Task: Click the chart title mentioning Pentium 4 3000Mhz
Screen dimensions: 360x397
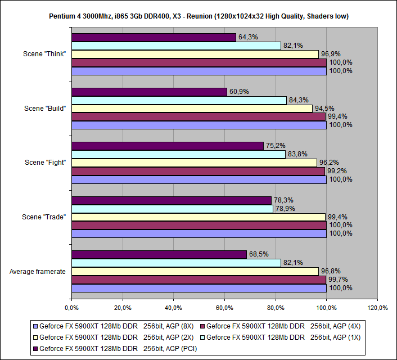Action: [x=198, y=16]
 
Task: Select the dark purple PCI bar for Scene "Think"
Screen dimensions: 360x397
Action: [x=154, y=37]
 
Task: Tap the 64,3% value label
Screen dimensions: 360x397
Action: [x=247, y=37]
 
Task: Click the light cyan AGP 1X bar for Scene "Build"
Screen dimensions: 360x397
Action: [x=179, y=100]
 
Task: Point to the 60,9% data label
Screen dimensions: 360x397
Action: [x=238, y=92]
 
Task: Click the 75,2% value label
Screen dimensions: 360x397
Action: [x=275, y=146]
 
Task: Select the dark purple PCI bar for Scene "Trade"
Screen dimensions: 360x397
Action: [x=172, y=200]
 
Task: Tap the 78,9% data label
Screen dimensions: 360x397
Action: [x=285, y=209]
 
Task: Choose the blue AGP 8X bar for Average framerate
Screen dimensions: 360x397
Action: [x=198, y=288]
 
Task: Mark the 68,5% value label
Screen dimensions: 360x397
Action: [x=258, y=254]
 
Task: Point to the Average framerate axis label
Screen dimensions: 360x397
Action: [x=38, y=271]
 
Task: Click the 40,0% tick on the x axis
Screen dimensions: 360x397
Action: [x=173, y=308]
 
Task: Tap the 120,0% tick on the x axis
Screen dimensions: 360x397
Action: [x=377, y=308]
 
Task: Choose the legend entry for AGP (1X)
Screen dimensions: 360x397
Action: [x=282, y=337]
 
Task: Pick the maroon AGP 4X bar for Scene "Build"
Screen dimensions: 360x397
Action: [x=198, y=117]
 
